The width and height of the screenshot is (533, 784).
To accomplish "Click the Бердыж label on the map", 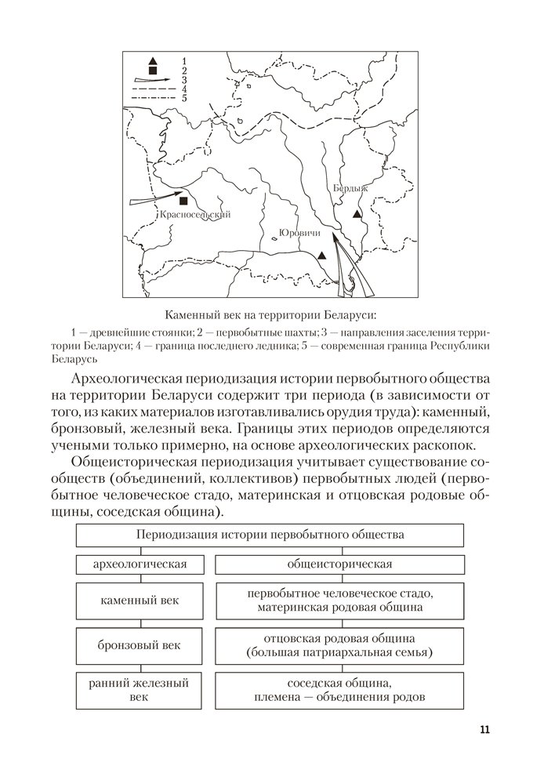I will pyautogui.click(x=349, y=188).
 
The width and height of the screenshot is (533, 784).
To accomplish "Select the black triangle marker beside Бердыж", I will pyautogui.click(x=357, y=213).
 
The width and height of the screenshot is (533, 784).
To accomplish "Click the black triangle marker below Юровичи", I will pyautogui.click(x=322, y=256).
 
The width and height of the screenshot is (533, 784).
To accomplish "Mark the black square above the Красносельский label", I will pyautogui.click(x=183, y=201).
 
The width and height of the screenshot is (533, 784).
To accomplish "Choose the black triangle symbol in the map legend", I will pyautogui.click(x=153, y=61).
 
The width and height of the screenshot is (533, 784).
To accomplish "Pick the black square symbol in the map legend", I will pyautogui.click(x=153, y=71).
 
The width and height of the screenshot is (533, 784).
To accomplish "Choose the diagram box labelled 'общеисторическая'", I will pyautogui.click(x=339, y=564).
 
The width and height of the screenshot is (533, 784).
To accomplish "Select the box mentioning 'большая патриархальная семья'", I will pyautogui.click(x=339, y=645).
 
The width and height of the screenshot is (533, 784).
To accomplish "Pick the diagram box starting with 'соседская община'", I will pyautogui.click(x=339, y=690).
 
